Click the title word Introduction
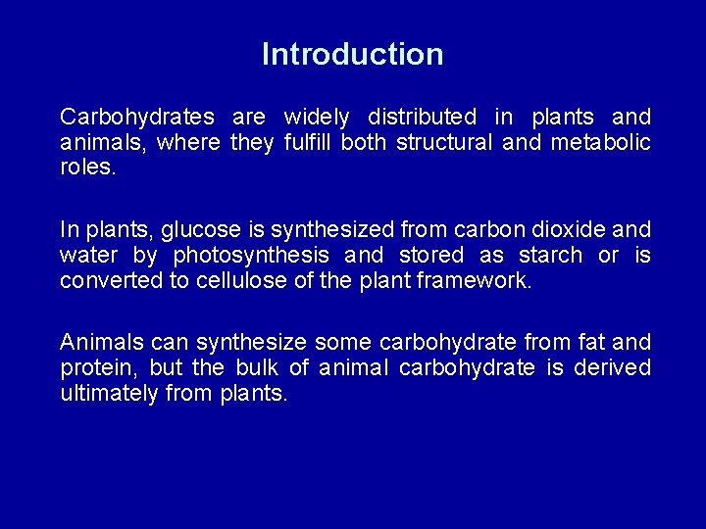(x=352, y=54)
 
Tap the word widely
(x=316, y=118)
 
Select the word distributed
(x=423, y=118)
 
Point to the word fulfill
(x=307, y=143)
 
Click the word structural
(x=444, y=143)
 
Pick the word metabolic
(x=600, y=143)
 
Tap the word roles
(x=87, y=168)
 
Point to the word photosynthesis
(x=251, y=256)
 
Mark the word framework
(x=476, y=281)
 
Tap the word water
(x=87, y=256)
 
